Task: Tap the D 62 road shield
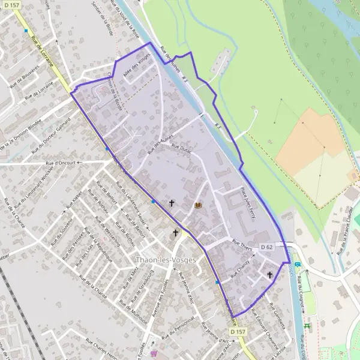(x=268, y=247)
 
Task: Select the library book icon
(x=198, y=206)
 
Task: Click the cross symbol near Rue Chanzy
(x=269, y=275)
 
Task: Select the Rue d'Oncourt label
(x=61, y=162)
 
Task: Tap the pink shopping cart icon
(x=154, y=353)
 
